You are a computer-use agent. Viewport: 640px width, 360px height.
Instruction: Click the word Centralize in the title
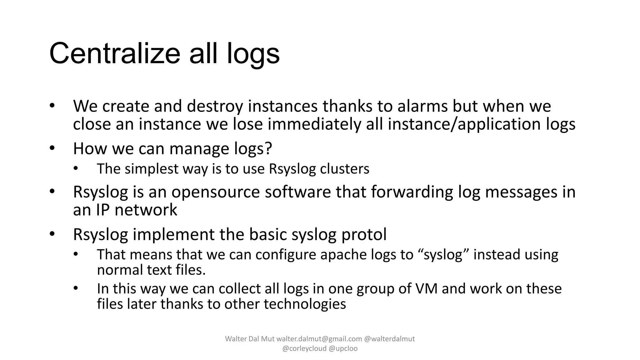115,54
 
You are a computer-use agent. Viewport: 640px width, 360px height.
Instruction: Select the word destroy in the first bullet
215,106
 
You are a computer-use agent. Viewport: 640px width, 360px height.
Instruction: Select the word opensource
215,192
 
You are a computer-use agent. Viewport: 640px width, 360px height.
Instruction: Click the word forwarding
412,192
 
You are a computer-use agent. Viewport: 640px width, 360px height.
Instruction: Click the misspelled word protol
364,235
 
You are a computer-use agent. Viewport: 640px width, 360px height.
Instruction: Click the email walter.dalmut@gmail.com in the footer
319,339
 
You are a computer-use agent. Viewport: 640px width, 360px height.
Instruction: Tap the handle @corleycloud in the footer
304,348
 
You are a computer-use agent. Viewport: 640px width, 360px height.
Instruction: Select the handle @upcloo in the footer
343,348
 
